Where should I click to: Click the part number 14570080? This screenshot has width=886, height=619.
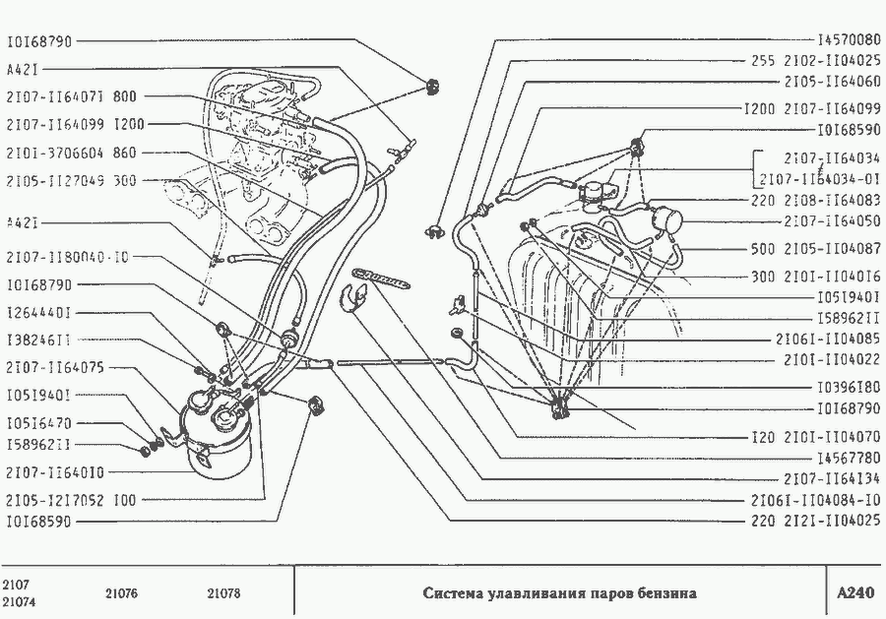(849, 40)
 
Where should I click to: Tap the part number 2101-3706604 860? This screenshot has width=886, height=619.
(71, 154)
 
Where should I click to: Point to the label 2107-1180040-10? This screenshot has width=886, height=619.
(67, 258)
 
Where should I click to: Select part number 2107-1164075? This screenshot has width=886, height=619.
(54, 367)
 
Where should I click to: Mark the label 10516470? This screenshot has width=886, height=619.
(38, 422)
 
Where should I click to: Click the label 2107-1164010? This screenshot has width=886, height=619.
(54, 473)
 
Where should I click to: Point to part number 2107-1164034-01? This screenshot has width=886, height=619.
(819, 178)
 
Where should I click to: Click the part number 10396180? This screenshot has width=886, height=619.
(849, 386)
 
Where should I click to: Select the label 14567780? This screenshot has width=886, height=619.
(849, 458)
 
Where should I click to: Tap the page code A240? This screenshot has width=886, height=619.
(854, 593)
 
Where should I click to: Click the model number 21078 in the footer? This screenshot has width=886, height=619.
(224, 593)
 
